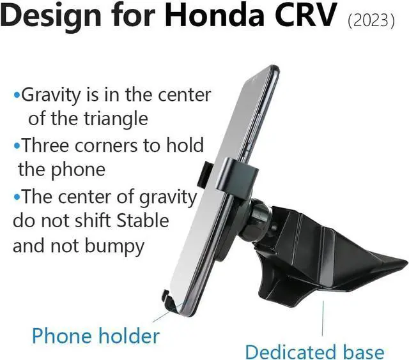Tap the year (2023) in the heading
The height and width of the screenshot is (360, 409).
[371, 21]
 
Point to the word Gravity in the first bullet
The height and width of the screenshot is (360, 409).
[53, 96]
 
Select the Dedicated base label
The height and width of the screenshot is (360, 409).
[314, 351]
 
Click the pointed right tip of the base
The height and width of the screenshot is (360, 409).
[402, 262]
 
